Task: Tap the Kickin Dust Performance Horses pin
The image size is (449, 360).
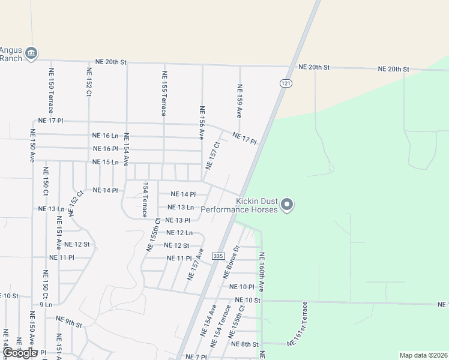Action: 287,205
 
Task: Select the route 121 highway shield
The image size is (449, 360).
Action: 285,83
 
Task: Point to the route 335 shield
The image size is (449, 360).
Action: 218,256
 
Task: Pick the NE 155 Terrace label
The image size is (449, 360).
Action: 164,93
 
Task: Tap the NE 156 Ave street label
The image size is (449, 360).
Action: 202,122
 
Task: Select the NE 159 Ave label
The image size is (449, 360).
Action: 239,100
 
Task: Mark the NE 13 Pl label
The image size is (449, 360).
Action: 178,220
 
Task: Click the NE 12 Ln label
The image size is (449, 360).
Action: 179,233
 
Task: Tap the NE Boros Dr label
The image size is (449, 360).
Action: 231,262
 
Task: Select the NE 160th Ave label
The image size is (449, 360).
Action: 262,272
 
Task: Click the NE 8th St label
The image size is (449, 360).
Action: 244,344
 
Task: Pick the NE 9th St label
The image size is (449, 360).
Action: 68,322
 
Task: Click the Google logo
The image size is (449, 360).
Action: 20,353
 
